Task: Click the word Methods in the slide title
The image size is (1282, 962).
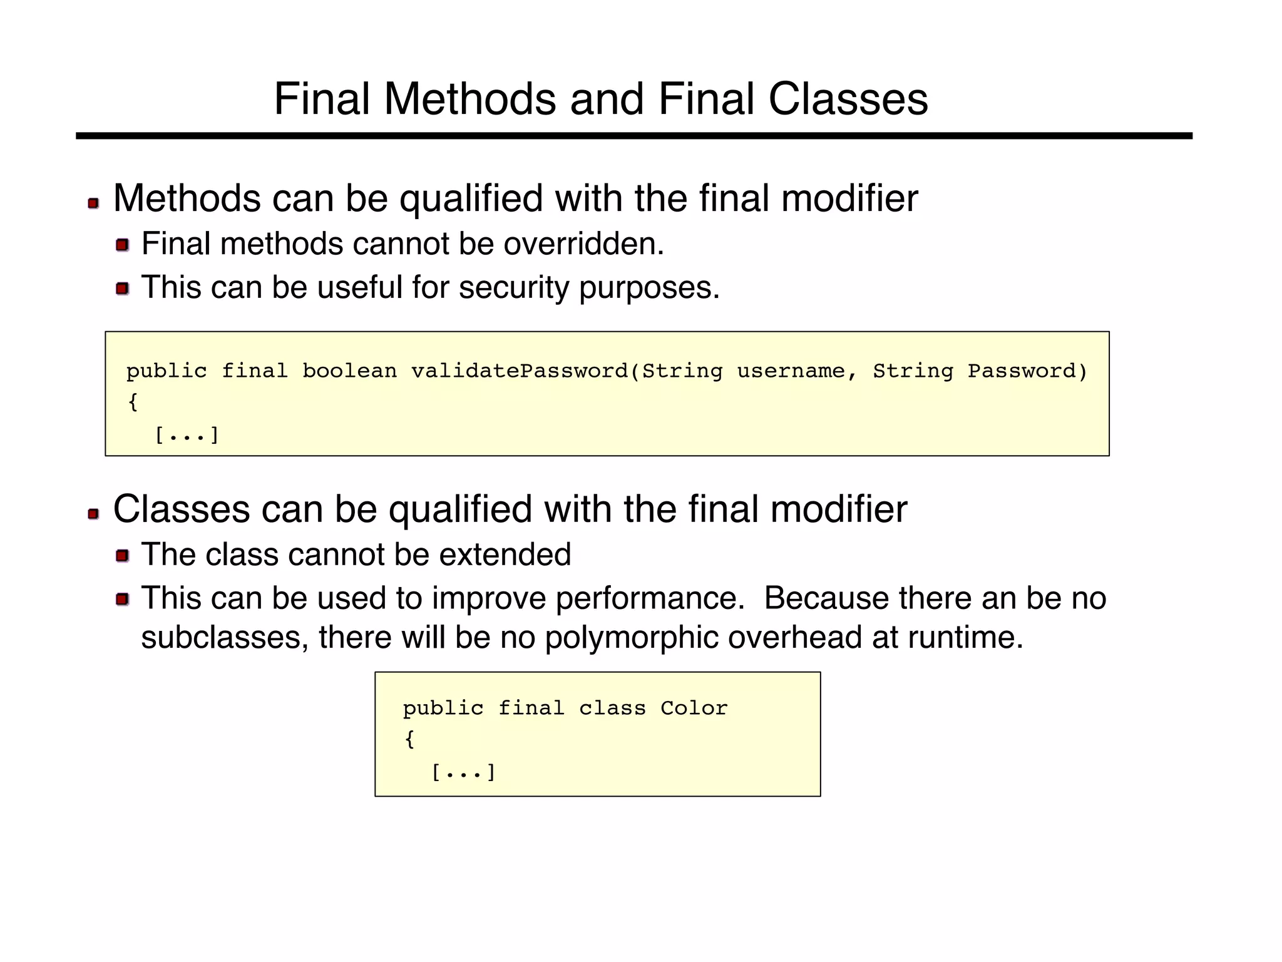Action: pos(469,100)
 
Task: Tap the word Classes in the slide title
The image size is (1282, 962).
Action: pos(848,100)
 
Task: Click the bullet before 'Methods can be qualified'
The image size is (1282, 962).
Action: pos(93,203)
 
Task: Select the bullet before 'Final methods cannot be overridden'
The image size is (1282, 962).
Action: pos(122,245)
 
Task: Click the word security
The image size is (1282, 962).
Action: pos(513,288)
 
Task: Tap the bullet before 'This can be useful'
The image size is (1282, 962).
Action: pos(122,289)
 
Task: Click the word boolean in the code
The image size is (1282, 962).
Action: pos(349,371)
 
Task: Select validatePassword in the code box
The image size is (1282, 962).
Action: pos(520,371)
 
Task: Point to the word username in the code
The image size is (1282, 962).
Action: pos(791,371)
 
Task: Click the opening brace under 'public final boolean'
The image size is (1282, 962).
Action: pos(133,402)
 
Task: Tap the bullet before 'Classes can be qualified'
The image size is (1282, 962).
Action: pos(93,514)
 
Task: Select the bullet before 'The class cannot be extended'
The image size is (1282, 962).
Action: pos(122,555)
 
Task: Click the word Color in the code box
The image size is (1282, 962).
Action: pos(694,709)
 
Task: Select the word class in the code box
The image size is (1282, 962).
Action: pos(612,709)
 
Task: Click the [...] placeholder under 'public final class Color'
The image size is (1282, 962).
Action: pos(463,772)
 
